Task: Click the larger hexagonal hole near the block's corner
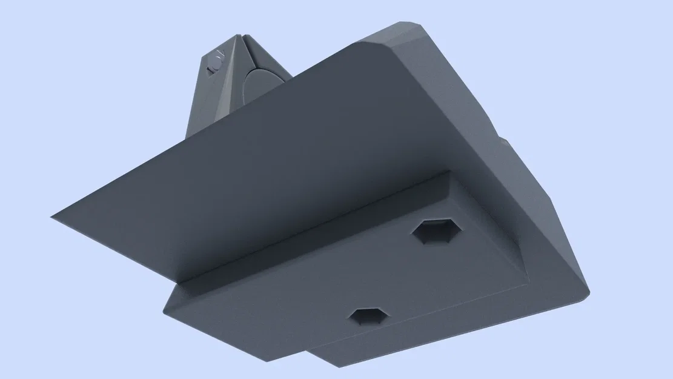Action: (437, 232)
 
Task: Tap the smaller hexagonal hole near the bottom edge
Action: (367, 316)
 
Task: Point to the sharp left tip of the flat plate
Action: (53, 216)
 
